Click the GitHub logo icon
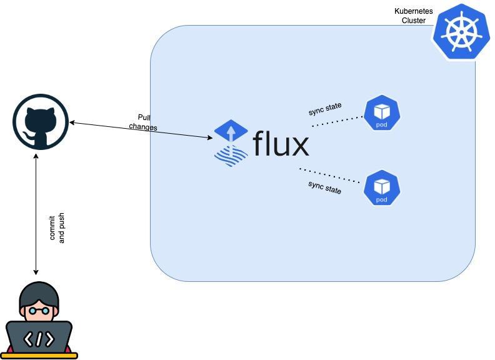pyautogui.click(x=41, y=122)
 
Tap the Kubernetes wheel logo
pyautogui.click(x=461, y=31)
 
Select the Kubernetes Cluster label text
pyautogui.click(x=413, y=16)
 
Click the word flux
pyautogui.click(x=281, y=144)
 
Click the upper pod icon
pyautogui.click(x=381, y=113)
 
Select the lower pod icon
pyautogui.click(x=381, y=187)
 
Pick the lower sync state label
pyautogui.click(x=324, y=187)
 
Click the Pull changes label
pyautogui.click(x=144, y=122)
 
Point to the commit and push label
pyautogui.click(x=57, y=228)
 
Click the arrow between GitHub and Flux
pyautogui.click(x=141, y=129)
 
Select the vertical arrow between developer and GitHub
pyautogui.click(x=36, y=212)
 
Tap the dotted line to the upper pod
pyautogui.click(x=337, y=121)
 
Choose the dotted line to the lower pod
pyautogui.click(x=330, y=176)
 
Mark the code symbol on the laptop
pyautogui.click(x=39, y=339)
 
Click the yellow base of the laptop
pyautogui.click(x=42, y=356)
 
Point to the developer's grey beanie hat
pyautogui.click(x=39, y=292)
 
